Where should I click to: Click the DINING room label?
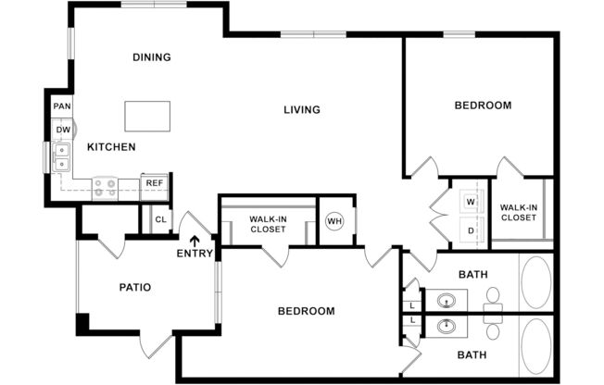point(152,57)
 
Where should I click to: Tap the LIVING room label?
point(301,110)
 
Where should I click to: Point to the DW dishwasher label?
point(63,130)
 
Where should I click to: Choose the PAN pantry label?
point(62,106)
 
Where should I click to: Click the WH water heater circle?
point(334,221)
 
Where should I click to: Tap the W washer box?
point(471,201)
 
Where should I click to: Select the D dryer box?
point(471,230)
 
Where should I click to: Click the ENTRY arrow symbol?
point(195,242)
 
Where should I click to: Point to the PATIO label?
point(134,287)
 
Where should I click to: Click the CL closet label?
point(159,219)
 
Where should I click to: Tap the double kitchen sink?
point(62,156)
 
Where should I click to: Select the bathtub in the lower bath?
point(535,346)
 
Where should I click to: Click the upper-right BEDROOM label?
point(482,106)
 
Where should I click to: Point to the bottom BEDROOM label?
point(306,311)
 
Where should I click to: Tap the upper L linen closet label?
point(410,304)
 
